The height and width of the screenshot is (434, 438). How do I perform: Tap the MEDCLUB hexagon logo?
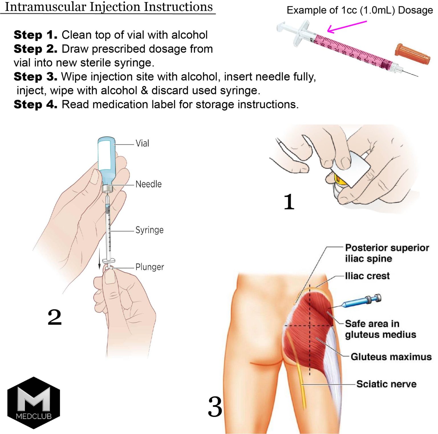pyautogui.click(x=34, y=403)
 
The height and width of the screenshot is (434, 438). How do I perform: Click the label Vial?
pyautogui.click(x=142, y=143)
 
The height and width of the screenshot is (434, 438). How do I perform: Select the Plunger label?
pyautogui.click(x=149, y=267)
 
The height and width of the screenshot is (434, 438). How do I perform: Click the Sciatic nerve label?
pyautogui.click(x=386, y=384)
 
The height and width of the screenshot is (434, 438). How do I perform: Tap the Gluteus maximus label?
pyautogui.click(x=391, y=357)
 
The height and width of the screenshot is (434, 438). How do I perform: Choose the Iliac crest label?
pyautogui.click(x=367, y=276)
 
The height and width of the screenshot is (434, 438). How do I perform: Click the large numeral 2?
pyautogui.click(x=54, y=317)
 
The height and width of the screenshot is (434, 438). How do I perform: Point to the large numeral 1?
pyautogui.click(x=289, y=202)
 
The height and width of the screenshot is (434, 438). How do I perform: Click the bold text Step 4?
pyautogui.click(x=35, y=104)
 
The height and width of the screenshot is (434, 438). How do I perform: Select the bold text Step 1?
pyautogui.click(x=35, y=35)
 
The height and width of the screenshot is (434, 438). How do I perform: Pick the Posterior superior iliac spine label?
pyautogui.click(x=386, y=253)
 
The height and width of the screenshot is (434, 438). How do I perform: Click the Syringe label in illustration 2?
pyautogui.click(x=149, y=230)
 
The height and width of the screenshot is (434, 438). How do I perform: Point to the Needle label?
pyautogui.click(x=148, y=184)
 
